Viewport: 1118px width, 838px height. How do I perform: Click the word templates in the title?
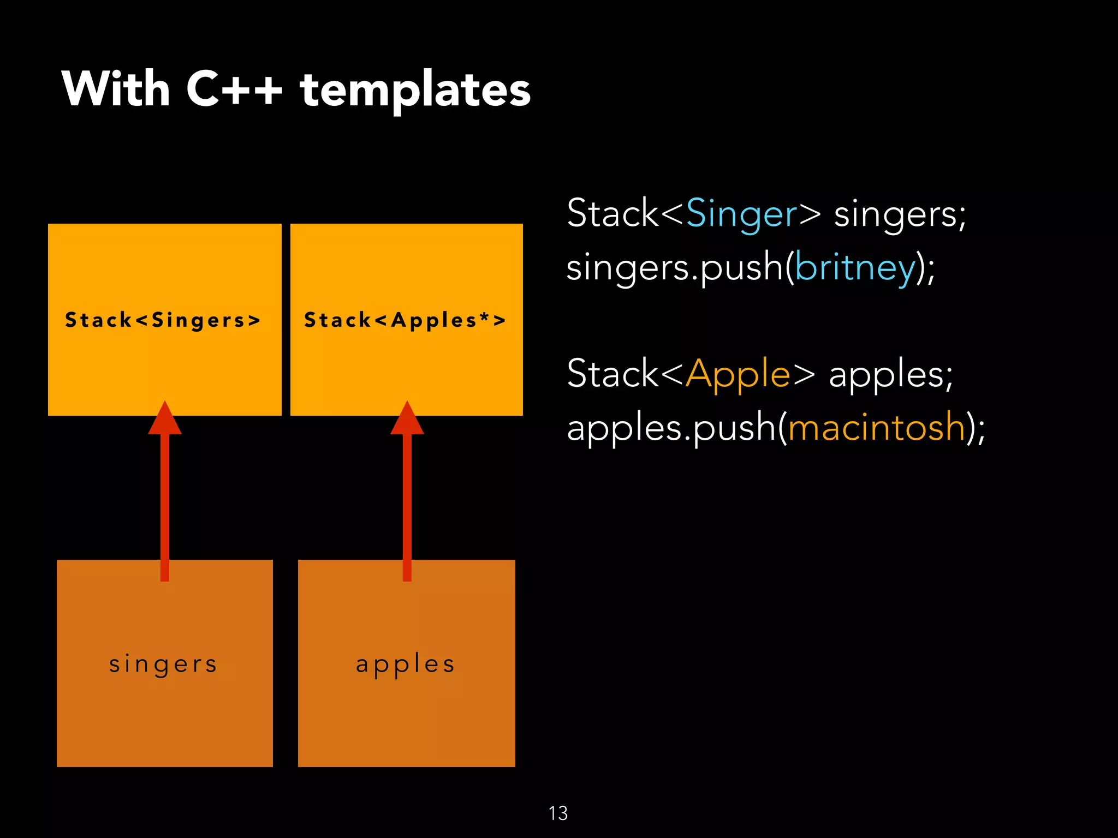(415, 90)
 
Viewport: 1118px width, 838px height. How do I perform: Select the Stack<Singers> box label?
(163, 320)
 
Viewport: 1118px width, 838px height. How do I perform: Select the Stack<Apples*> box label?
(405, 320)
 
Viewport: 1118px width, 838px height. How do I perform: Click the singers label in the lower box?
(163, 664)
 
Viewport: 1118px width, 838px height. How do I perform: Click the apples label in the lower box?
(405, 664)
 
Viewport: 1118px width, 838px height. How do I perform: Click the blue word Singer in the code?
(741, 213)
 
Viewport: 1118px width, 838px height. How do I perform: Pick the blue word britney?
(855, 267)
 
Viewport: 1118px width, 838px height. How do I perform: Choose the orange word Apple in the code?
(738, 374)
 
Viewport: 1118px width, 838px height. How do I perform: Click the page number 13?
(558, 813)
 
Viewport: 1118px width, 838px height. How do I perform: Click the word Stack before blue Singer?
(612, 213)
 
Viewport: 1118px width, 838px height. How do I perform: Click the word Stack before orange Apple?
(612, 374)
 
